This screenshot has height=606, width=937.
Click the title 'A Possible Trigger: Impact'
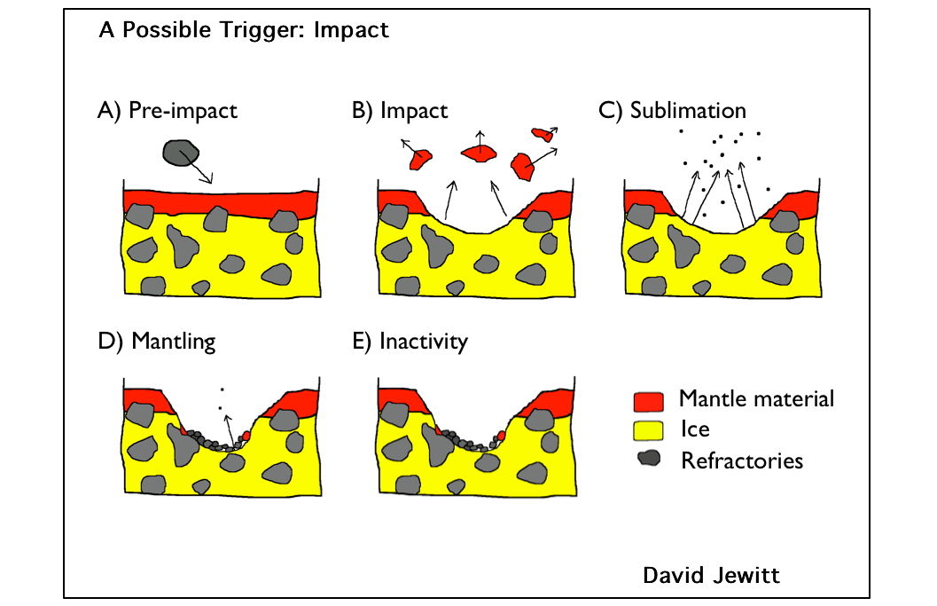point(244,30)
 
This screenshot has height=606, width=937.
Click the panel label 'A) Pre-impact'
point(168,112)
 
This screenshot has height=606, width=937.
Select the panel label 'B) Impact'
point(400,112)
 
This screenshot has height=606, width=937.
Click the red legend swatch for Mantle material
point(649,401)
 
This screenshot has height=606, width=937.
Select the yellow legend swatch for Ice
point(649,431)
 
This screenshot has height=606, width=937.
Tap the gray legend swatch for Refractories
point(650,460)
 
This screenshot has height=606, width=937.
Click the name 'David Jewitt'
point(711,576)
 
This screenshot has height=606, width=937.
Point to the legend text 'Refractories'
point(741,460)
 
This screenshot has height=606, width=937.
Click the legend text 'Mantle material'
point(756,398)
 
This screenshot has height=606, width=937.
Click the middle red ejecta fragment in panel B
point(480,153)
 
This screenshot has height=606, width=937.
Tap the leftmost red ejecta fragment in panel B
point(419,160)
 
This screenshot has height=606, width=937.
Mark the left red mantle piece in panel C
point(643,201)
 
